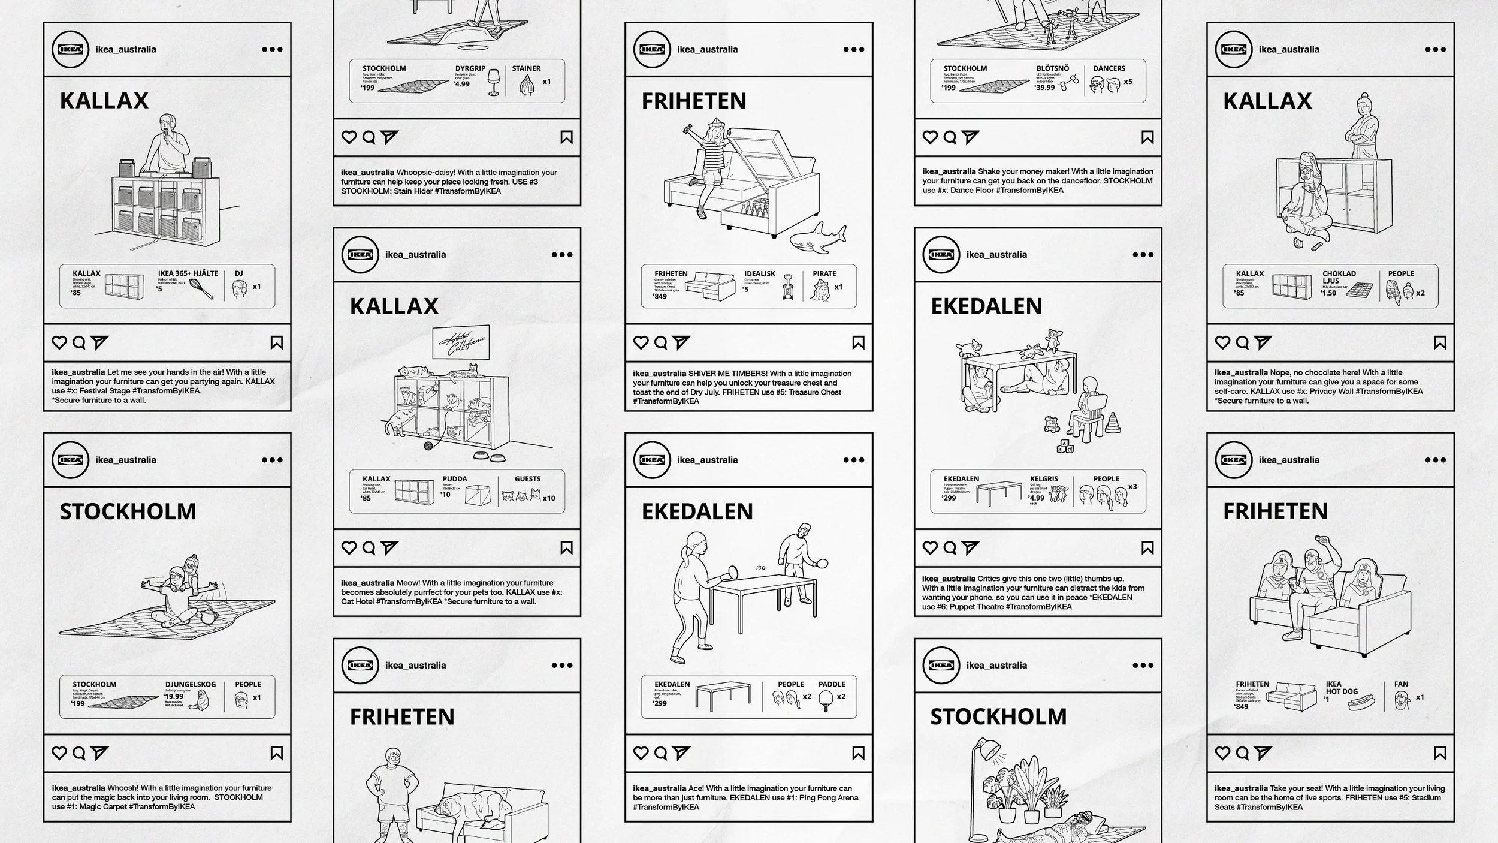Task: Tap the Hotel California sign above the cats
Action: pos(461,342)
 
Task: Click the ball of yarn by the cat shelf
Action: pos(428,445)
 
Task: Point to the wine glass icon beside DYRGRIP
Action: pos(494,82)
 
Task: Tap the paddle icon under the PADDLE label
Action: pos(825,699)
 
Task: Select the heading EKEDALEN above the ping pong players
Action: pos(697,511)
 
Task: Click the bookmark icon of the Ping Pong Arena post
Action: pos(858,753)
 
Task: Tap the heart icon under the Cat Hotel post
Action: pos(349,547)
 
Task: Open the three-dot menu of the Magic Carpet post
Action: pos(272,460)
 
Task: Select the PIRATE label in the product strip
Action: pos(824,273)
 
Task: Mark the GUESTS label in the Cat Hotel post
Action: pos(527,479)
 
